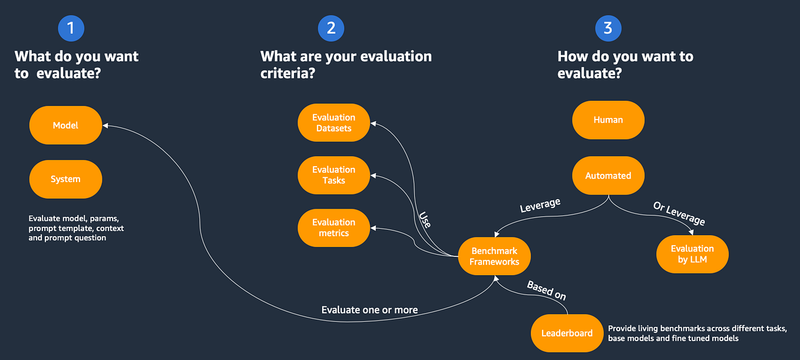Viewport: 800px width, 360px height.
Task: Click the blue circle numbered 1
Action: (x=71, y=28)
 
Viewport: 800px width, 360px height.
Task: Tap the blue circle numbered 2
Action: (x=330, y=28)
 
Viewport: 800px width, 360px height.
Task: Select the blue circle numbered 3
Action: (x=608, y=28)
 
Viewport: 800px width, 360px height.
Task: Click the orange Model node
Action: (x=65, y=125)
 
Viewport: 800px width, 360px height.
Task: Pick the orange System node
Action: (x=65, y=179)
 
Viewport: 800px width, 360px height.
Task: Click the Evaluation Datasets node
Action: (x=334, y=123)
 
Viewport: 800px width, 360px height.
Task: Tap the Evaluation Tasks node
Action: (x=334, y=175)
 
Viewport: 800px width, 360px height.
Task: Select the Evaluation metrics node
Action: (x=334, y=227)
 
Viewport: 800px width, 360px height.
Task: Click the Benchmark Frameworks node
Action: (x=494, y=256)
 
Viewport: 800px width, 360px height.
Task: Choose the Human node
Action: (x=608, y=120)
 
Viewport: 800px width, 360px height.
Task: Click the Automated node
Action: (x=608, y=176)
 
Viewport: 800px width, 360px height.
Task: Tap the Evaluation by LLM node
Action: (x=692, y=254)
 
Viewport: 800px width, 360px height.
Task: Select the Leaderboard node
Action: (x=567, y=333)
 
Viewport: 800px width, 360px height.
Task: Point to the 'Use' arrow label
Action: (x=425, y=219)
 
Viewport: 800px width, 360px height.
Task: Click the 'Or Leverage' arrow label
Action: (x=679, y=213)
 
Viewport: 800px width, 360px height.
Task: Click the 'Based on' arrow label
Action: (x=546, y=290)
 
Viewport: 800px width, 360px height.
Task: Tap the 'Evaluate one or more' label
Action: (x=369, y=310)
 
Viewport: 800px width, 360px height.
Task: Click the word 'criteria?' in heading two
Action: (x=287, y=74)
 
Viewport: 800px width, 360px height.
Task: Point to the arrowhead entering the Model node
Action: (x=105, y=125)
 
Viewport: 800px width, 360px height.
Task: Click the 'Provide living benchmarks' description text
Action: (x=697, y=333)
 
